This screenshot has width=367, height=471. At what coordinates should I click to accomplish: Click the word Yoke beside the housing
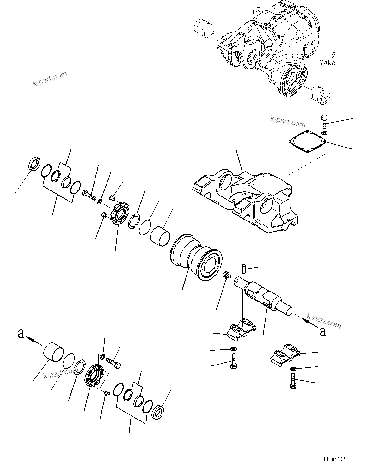(x=327, y=63)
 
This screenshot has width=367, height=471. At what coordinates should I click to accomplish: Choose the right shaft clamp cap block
(x=285, y=354)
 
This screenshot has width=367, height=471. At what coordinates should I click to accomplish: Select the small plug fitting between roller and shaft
(x=226, y=274)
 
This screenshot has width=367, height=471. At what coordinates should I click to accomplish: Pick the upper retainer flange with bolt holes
(x=119, y=215)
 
